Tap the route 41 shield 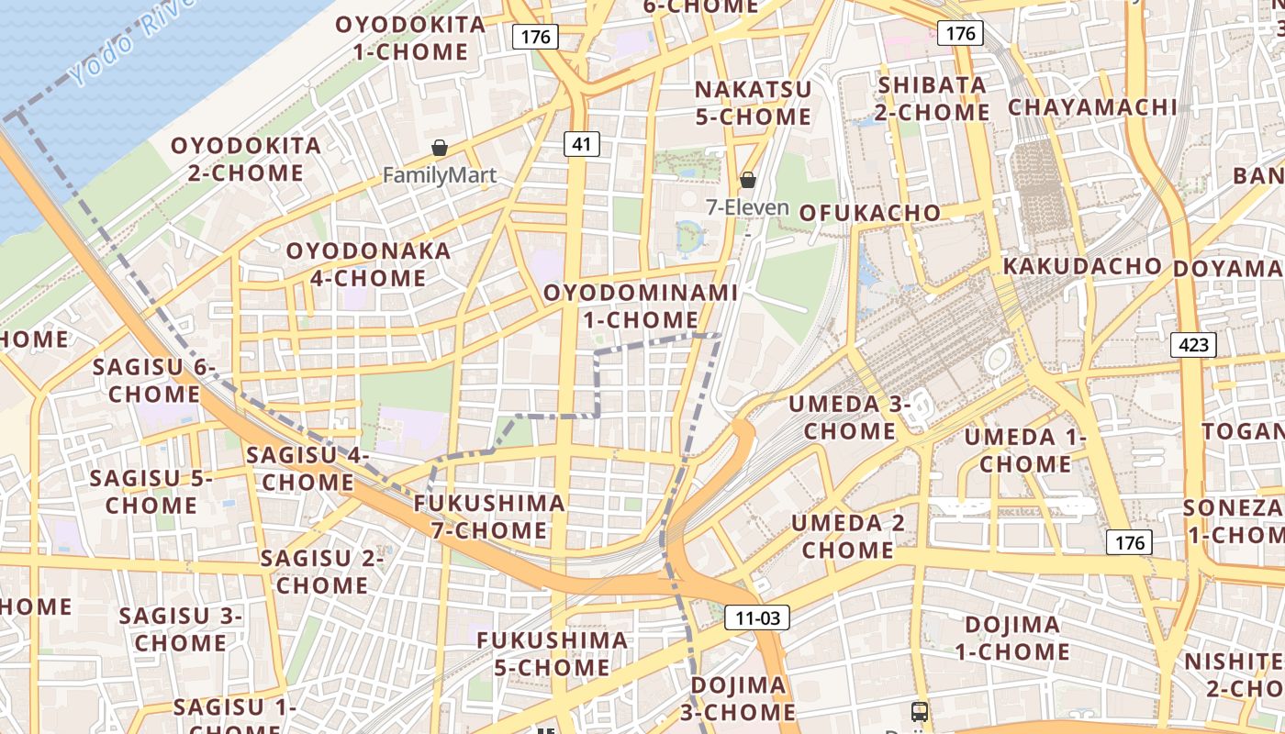[582, 143]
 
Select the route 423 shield [1193, 345]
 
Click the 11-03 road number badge [757, 617]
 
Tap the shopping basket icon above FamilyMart [440, 148]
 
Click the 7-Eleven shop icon [748, 180]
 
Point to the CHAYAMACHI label [1092, 107]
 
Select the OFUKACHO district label [869, 213]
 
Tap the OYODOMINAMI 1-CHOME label [641, 306]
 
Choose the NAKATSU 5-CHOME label [753, 103]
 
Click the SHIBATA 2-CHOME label [933, 98]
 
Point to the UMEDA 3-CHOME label [850, 417]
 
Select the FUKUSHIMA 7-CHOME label [489, 517]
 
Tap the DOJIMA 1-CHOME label [1012, 639]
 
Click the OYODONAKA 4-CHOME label [368, 264]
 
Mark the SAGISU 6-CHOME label [153, 381]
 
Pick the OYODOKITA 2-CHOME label [246, 159]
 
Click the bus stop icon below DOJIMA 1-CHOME [919, 711]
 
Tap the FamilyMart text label [440, 175]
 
